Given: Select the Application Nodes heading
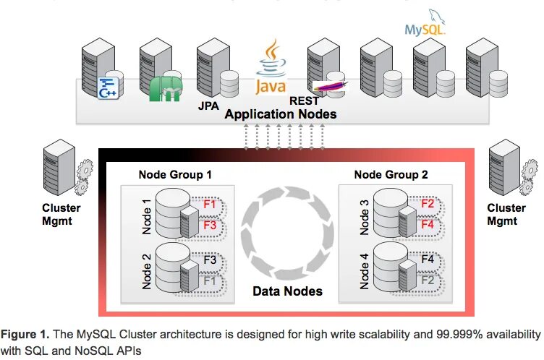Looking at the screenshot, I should (280, 114).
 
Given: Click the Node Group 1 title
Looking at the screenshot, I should (175, 174).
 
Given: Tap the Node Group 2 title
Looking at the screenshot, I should (391, 174).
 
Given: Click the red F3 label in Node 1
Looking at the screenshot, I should (210, 224).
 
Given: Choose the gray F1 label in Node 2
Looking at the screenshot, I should (210, 279).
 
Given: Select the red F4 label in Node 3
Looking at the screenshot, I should (427, 224).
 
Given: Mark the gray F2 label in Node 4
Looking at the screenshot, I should (427, 279).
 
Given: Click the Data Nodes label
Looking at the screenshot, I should (287, 291).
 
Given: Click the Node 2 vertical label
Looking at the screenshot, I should (147, 270).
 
